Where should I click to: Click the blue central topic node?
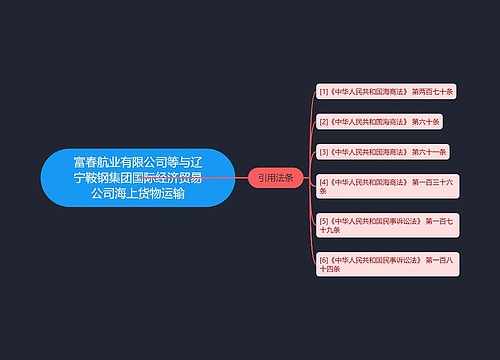click(x=138, y=177)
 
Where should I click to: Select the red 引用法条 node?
click(x=275, y=177)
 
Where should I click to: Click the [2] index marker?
click(x=323, y=121)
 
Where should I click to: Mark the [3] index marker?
click(x=323, y=151)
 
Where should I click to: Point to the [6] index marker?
click(x=323, y=259)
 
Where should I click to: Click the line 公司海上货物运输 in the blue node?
click(x=138, y=194)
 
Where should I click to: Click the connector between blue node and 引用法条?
click(x=242, y=177)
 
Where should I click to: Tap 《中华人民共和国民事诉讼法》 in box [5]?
click(x=365, y=218)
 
